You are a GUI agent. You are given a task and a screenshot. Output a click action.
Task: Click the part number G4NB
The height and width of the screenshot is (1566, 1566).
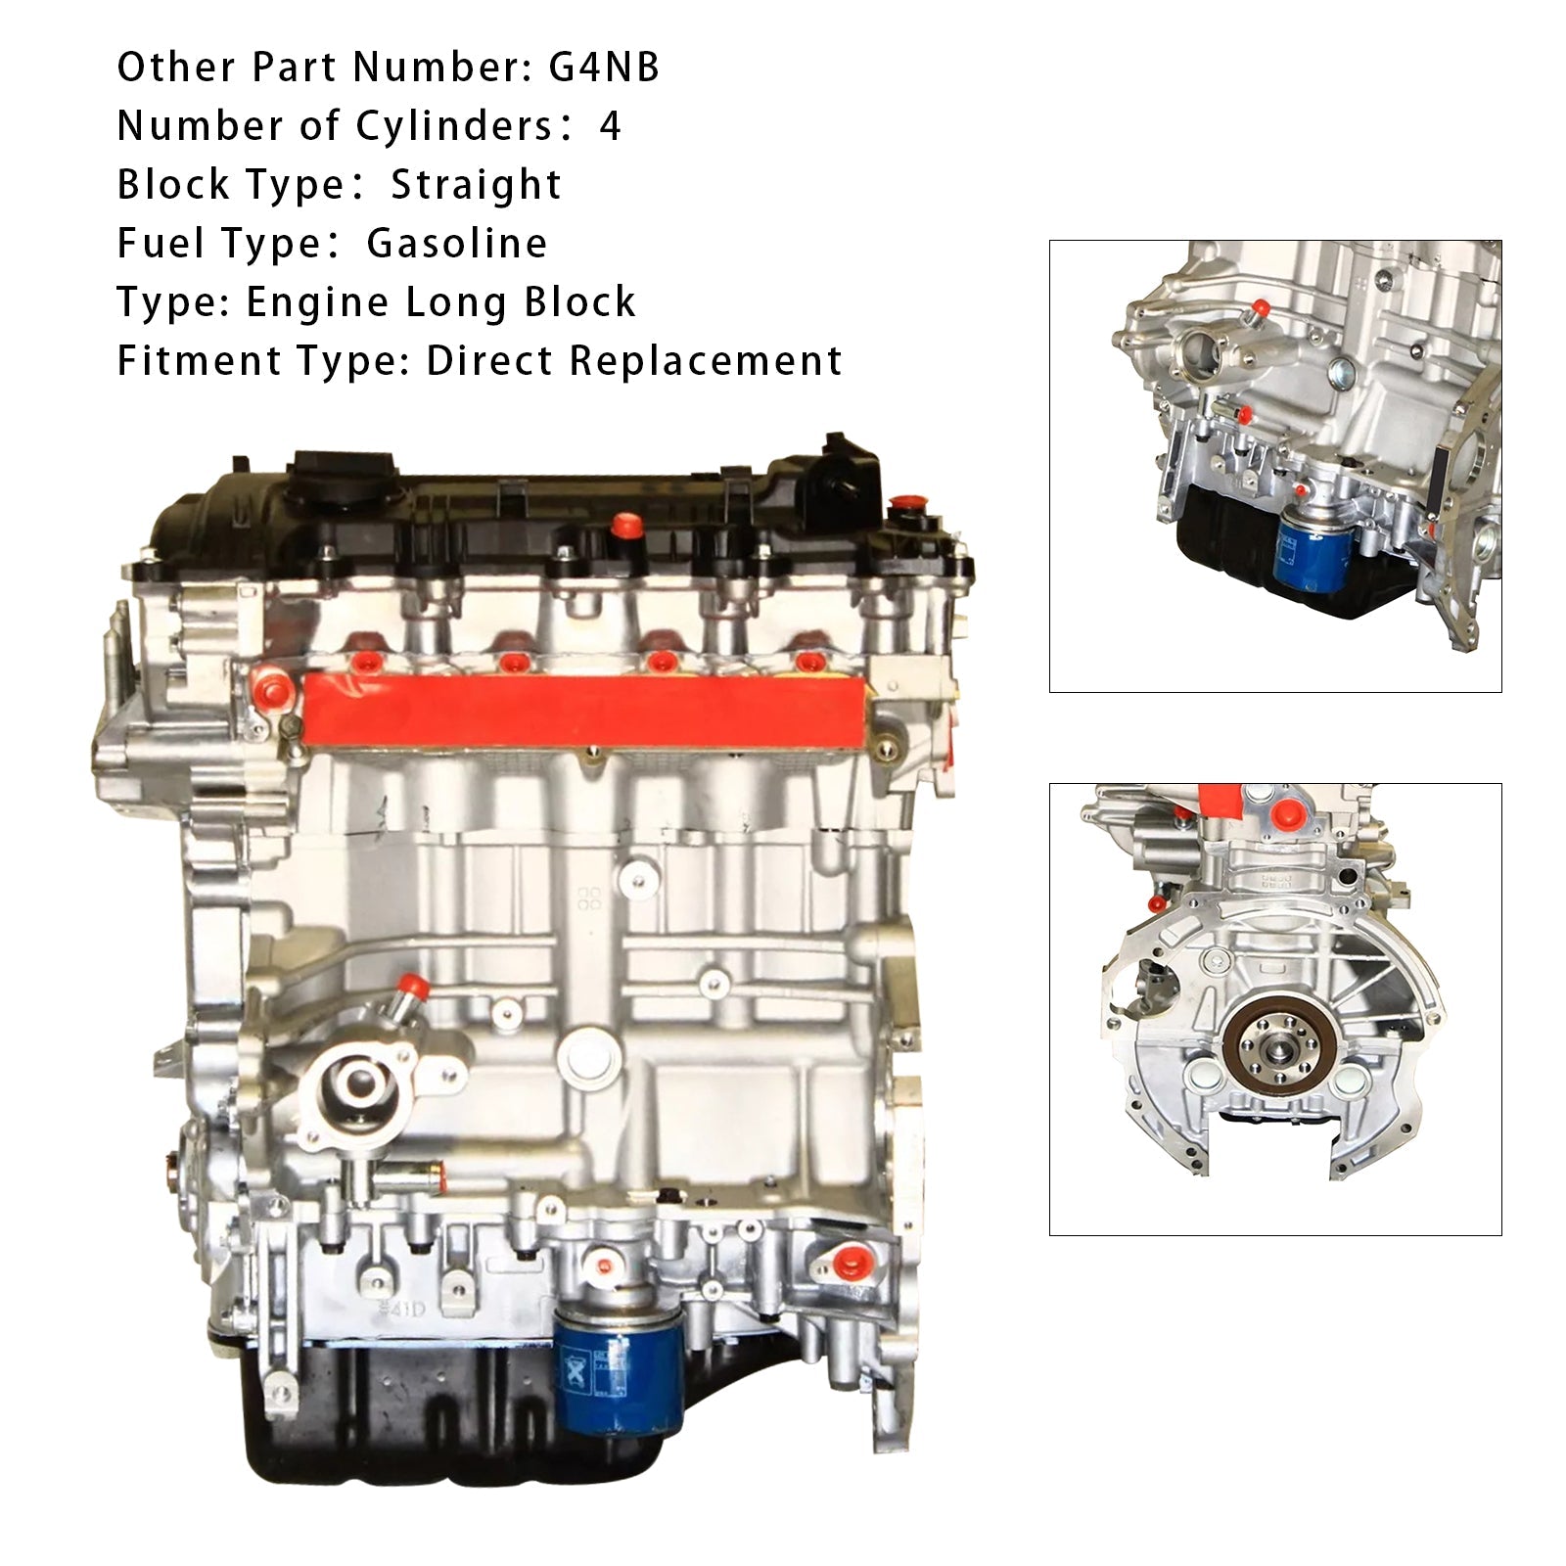click(x=604, y=68)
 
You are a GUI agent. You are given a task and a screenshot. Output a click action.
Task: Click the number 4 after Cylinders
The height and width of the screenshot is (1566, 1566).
click(x=610, y=126)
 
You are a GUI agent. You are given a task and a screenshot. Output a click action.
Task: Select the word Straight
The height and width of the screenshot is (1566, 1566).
click(x=477, y=185)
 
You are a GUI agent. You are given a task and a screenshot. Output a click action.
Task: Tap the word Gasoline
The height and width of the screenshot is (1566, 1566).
click(x=457, y=244)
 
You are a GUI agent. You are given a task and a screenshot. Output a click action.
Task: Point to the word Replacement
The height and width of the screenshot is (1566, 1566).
click(x=705, y=361)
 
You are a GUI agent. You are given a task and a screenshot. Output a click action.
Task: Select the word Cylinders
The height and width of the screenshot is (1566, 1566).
click(x=454, y=126)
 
